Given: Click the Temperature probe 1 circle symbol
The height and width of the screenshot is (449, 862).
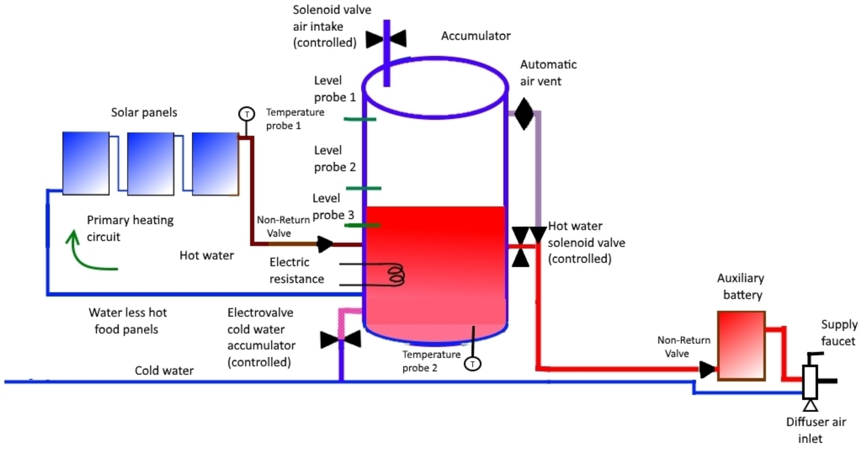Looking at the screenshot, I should tap(247, 114).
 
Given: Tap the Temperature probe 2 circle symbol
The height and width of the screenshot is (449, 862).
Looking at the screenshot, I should tap(472, 364).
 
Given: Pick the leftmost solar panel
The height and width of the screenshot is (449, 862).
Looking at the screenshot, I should tap(86, 163).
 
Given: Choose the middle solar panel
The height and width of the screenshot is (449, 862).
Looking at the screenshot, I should tap(151, 163).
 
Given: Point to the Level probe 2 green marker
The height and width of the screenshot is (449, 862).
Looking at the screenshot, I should tap(363, 188).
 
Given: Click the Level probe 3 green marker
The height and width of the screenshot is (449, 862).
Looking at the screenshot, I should tap(363, 225).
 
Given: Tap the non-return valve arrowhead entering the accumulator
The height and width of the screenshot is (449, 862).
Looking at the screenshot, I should tap(324, 244).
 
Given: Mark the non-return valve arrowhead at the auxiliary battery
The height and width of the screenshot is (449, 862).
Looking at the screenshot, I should tap(706, 369).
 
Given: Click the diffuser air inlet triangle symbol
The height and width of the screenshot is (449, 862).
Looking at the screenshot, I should tap(810, 406).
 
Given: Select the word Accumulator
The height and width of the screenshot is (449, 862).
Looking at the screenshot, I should tap(475, 36).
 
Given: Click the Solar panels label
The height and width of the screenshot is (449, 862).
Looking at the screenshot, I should tap(144, 112).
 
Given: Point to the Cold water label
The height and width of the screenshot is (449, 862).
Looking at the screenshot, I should tap(164, 370).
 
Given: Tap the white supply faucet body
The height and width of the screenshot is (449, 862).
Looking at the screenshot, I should tap(810, 382).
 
